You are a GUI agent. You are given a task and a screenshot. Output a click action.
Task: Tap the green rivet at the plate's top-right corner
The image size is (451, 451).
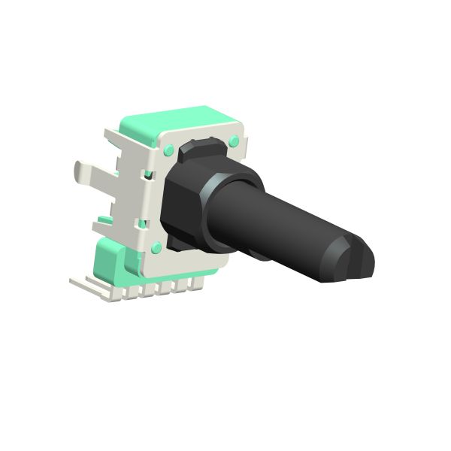coord(235,141)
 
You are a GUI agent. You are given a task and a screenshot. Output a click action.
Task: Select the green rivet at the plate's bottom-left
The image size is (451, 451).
coord(156,248)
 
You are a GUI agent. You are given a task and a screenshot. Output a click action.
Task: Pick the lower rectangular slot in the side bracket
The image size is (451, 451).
coord(143,223)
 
